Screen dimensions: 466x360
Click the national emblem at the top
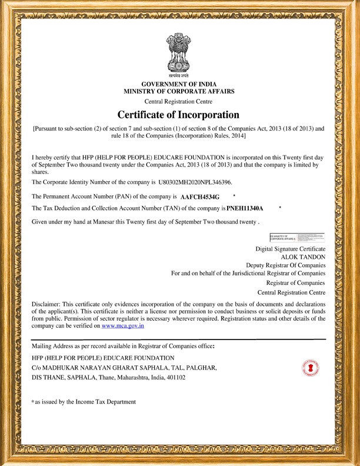(179, 55)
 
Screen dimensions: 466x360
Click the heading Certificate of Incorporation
(179, 114)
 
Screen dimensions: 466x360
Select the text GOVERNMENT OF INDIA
(179, 84)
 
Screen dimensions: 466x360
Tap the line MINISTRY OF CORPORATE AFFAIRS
(179, 91)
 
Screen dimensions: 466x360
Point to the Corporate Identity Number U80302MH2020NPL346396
(187, 183)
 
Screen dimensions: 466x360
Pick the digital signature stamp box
(297, 238)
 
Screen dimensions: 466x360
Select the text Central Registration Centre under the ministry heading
(179, 102)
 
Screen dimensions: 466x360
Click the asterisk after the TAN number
(280, 208)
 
